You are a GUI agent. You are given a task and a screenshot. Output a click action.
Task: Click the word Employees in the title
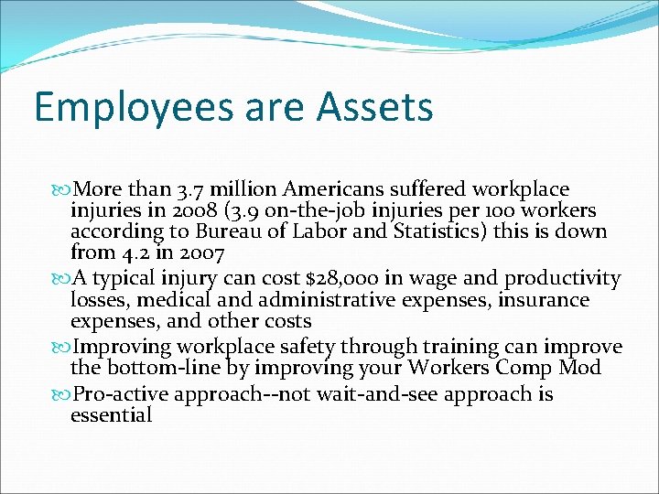(x=130, y=107)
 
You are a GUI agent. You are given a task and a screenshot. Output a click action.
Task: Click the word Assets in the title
(x=375, y=107)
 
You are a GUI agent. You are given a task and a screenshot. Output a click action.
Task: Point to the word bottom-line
(x=152, y=369)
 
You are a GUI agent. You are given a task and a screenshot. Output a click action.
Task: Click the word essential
(x=111, y=415)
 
